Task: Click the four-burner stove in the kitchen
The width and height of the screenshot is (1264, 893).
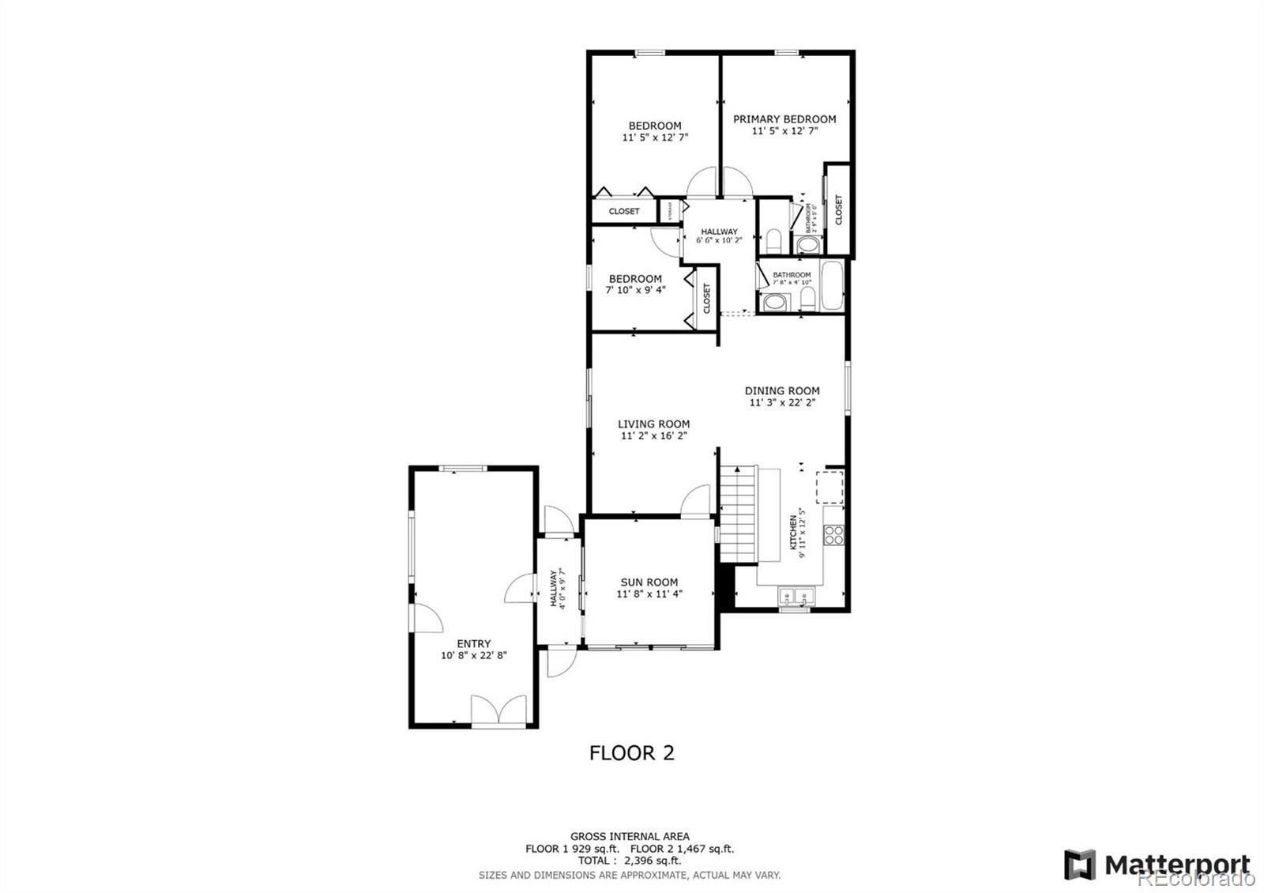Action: [x=833, y=535]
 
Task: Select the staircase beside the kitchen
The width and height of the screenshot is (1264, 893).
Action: [x=738, y=514]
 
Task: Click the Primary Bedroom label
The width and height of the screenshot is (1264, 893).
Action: [x=784, y=119]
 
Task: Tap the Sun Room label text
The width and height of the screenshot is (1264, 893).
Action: [x=649, y=582]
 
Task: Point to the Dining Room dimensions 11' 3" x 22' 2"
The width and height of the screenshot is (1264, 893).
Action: [x=782, y=402]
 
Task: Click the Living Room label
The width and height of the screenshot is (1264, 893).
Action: [x=653, y=424]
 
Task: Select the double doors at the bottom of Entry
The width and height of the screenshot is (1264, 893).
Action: [x=498, y=709]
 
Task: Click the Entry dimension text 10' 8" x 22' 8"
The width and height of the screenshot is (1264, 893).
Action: [x=473, y=655]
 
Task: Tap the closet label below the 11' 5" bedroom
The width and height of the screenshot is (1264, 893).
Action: [x=624, y=211]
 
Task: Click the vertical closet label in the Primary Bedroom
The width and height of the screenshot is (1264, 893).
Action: [x=838, y=209]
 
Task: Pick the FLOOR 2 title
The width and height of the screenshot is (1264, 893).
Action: [x=632, y=753]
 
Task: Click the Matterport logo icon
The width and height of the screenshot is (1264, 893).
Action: [x=1079, y=865]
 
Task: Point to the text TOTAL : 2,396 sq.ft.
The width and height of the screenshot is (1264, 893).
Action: [x=630, y=861]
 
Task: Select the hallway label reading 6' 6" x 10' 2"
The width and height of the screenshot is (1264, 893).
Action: [x=719, y=240]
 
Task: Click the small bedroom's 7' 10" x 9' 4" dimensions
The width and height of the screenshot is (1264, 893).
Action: [x=635, y=290]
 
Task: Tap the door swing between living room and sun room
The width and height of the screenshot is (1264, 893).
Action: [x=696, y=501]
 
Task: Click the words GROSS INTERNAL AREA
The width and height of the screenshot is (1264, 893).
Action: [x=630, y=836]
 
